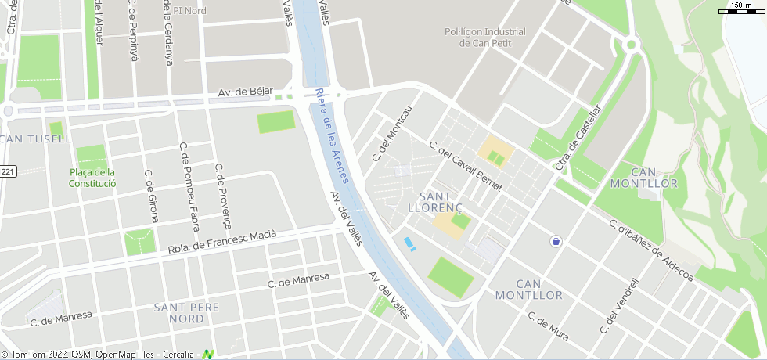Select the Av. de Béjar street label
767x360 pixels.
(245, 92)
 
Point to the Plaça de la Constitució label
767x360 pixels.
(92, 178)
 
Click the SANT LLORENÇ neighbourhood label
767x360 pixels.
(436, 201)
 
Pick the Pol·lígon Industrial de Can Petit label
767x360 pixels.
(485, 38)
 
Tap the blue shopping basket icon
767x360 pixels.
(556, 240)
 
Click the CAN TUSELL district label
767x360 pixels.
(34, 139)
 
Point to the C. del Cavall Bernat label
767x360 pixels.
(466, 166)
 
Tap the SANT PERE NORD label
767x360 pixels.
(187, 313)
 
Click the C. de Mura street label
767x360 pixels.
(548, 327)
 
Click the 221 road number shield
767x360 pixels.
(7, 171)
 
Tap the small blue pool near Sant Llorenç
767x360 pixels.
(409, 244)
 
